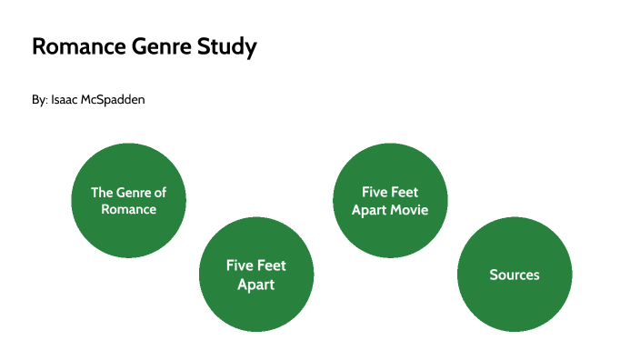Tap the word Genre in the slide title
(x=158, y=47)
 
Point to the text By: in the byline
(x=39, y=100)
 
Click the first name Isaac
(x=65, y=100)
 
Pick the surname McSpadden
(x=115, y=100)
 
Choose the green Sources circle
(x=515, y=275)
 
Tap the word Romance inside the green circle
(x=129, y=209)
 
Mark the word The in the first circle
(x=102, y=193)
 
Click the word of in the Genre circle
(x=160, y=193)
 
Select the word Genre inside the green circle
(x=133, y=193)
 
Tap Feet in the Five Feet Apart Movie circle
(x=405, y=193)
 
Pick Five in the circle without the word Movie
(x=241, y=265)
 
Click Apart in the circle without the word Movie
(x=256, y=285)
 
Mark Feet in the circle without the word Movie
(x=272, y=265)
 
